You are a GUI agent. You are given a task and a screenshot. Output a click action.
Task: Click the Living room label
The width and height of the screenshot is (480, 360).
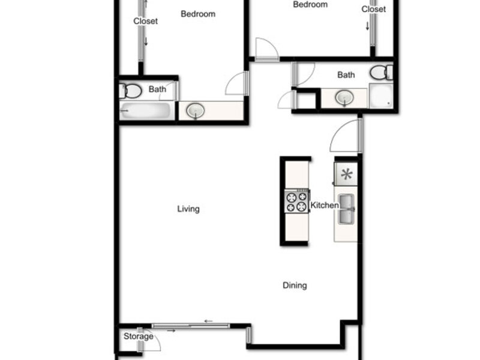click(x=188, y=209)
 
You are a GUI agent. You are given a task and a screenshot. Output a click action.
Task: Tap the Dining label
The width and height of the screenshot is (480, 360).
click(x=295, y=286)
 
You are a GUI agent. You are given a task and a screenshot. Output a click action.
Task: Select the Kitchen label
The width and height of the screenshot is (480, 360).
click(x=325, y=205)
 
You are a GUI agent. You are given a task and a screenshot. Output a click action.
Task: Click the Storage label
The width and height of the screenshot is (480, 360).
click(x=139, y=337)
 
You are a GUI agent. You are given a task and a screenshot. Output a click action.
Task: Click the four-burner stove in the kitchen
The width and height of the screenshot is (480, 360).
click(x=296, y=202)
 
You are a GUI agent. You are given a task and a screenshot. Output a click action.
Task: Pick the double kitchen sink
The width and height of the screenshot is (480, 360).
click(x=346, y=209)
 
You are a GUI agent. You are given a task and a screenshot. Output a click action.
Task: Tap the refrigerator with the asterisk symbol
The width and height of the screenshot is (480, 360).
click(x=346, y=174)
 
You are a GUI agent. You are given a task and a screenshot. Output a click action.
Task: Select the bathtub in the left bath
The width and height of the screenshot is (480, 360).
click(x=145, y=110)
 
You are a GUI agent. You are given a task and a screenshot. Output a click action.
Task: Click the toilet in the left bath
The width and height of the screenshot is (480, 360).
click(x=130, y=91)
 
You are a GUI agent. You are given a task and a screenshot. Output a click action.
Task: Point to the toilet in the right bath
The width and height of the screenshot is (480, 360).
click(x=382, y=73)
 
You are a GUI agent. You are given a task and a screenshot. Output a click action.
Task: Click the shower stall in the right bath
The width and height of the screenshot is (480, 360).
click(x=381, y=95)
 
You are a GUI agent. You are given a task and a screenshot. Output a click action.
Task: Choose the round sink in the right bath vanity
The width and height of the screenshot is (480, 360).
click(x=344, y=98)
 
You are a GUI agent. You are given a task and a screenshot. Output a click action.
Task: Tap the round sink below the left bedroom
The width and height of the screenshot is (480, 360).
click(x=196, y=110)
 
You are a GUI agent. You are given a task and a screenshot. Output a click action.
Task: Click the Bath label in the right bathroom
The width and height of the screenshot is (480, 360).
click(x=346, y=75)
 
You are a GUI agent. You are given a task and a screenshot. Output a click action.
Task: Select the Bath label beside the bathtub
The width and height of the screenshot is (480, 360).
click(x=157, y=89)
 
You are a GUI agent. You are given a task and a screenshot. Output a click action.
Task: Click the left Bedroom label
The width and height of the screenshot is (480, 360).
click(x=198, y=14)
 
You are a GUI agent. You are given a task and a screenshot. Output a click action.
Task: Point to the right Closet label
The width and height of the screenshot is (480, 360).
click(x=373, y=9)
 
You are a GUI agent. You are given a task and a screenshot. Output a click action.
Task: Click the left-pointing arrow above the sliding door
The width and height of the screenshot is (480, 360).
click(x=208, y=321)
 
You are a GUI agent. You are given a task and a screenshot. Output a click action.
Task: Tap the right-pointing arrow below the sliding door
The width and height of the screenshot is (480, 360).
click(x=171, y=331)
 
